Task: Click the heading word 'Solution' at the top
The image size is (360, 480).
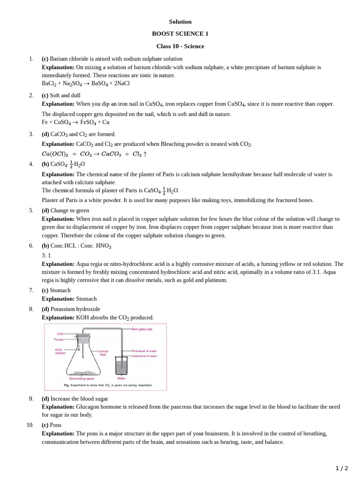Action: coord(180,22)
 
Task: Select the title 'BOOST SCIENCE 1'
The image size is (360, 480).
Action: coord(180,34)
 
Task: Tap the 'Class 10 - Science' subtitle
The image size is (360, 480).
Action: coord(180,46)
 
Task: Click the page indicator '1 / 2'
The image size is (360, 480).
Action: coord(342,468)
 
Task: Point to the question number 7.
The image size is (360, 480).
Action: coord(31,290)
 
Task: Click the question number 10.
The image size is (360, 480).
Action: coord(30,425)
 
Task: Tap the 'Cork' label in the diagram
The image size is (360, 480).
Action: coord(60,334)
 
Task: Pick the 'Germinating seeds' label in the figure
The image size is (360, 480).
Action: coord(81,378)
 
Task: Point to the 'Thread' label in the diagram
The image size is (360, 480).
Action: coord(59,339)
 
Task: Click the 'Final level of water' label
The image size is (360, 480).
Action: coord(144,351)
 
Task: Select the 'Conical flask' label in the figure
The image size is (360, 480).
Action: coord(103,352)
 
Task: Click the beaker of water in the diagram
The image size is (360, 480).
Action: coord(121,366)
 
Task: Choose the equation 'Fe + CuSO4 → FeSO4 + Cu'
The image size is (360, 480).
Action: coord(75,122)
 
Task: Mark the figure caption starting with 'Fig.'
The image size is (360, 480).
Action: coord(107,386)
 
